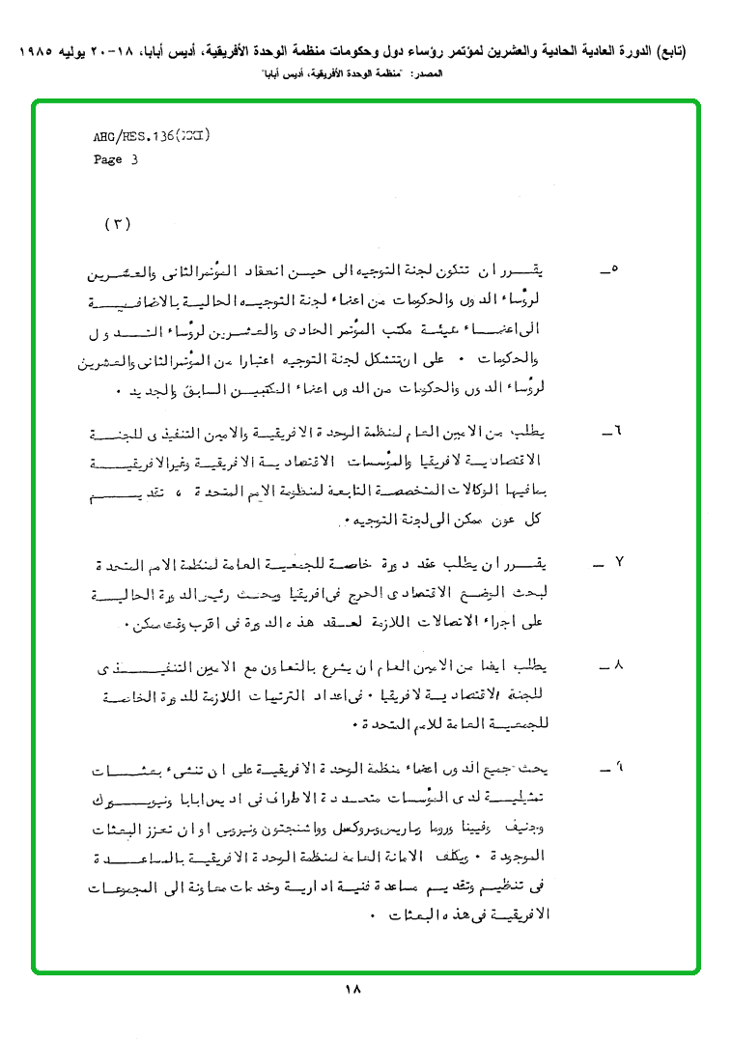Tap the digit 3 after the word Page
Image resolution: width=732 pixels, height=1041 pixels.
(134, 160)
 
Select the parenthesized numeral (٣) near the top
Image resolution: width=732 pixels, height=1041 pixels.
(117, 224)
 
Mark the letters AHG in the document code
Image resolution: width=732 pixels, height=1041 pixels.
(104, 138)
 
